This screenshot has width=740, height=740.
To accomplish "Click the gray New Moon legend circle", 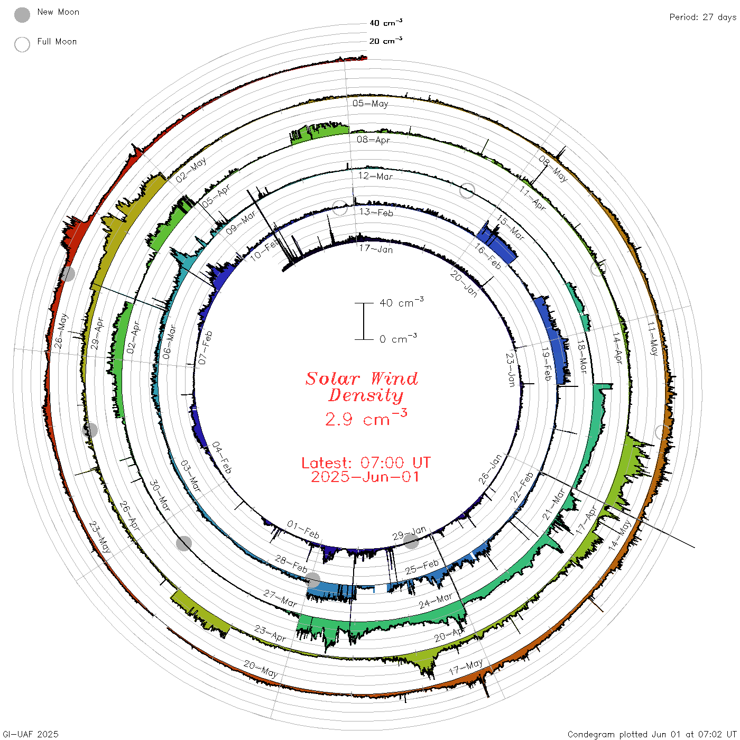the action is tap(22, 15).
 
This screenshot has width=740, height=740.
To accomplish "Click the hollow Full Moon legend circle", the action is tap(22, 44).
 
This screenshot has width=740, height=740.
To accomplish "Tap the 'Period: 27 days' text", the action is tap(703, 17).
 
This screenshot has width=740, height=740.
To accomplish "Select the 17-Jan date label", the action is tap(376, 249).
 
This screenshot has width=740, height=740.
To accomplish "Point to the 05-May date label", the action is tap(371, 103).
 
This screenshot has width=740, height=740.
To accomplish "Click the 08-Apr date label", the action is tap(373, 140).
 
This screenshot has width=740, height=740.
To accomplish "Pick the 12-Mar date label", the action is tap(375, 176).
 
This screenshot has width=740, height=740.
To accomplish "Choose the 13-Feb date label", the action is tap(376, 212).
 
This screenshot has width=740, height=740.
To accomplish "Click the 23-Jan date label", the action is tap(511, 370).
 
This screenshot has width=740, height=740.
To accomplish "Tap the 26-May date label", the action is tap(61, 331).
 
